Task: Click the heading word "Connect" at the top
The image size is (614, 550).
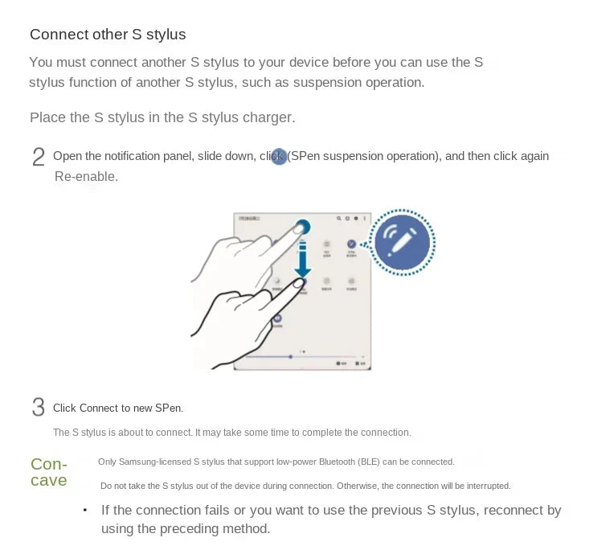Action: pos(56,35)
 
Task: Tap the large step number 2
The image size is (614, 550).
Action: pos(38,157)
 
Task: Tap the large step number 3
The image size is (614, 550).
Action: pos(38,408)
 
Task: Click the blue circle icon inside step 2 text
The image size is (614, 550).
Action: pos(279,156)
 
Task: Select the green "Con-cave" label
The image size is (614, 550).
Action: pos(48,473)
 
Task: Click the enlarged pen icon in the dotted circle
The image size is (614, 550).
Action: pos(402,242)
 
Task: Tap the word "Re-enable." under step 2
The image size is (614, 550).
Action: pos(86,176)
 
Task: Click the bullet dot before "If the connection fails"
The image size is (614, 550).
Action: pos(85,511)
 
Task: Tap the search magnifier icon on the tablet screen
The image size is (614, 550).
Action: pos(340,218)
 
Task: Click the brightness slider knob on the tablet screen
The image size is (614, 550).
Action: pos(290,355)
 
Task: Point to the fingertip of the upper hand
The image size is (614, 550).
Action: pos(302,228)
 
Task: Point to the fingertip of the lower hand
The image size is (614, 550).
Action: pos(297,283)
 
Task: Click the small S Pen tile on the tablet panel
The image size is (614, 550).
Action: pos(351,244)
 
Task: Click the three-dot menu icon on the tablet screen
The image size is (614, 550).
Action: pos(365,218)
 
